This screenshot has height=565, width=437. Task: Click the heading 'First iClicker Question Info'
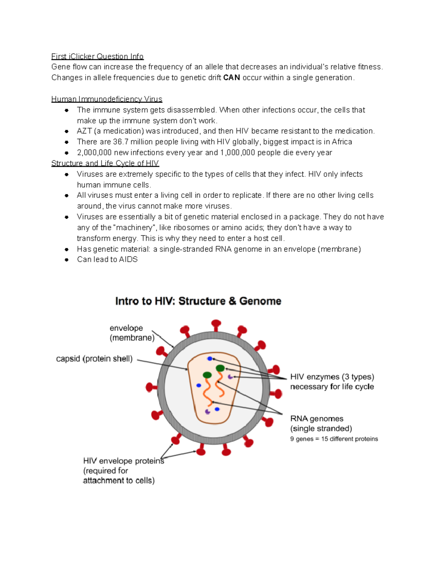(97, 56)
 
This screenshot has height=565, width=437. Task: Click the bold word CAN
(231, 77)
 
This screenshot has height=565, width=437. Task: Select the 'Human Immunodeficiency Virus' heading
(107, 99)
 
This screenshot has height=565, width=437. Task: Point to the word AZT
(84, 131)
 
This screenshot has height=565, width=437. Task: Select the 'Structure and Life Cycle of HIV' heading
(105, 163)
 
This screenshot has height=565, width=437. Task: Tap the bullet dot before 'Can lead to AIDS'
(67, 260)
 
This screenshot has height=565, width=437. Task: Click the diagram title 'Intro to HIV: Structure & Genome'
(198, 301)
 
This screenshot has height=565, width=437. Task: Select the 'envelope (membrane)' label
(131, 333)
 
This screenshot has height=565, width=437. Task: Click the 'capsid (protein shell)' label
(94, 359)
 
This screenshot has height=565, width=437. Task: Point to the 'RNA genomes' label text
(316, 418)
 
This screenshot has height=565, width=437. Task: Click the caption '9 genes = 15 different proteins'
(334, 439)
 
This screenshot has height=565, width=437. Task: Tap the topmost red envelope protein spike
(216, 323)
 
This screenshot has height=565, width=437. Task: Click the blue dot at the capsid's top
(210, 359)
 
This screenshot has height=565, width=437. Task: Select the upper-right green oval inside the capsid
(220, 368)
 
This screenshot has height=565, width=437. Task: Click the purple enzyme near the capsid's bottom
(208, 412)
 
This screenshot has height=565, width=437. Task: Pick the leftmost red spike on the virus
(149, 387)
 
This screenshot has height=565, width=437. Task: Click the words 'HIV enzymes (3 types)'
(332, 377)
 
